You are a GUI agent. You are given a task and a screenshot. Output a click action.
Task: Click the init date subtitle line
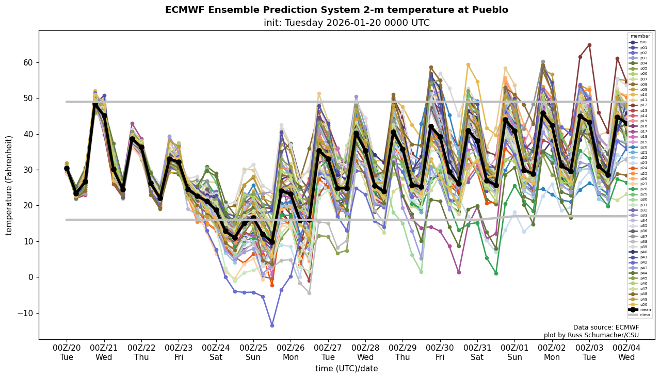click(346, 23)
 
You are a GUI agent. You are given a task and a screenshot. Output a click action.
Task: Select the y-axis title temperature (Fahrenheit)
click(9, 185)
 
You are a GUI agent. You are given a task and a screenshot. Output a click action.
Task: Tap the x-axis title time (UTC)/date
click(346, 368)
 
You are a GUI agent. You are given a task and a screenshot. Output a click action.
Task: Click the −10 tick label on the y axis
click(24, 313)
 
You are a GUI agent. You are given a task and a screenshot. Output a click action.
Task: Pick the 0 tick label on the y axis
click(30, 277)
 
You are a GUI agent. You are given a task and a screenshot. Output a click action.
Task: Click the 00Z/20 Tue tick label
click(67, 352)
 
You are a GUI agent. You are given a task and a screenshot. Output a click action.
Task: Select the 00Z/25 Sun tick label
click(253, 352)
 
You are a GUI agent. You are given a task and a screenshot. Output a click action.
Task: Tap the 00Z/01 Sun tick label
click(514, 352)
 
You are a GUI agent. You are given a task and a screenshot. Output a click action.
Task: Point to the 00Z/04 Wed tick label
click(626, 352)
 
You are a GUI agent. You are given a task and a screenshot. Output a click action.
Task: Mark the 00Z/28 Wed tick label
click(365, 352)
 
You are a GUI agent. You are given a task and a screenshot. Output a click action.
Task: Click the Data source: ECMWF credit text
click(606, 327)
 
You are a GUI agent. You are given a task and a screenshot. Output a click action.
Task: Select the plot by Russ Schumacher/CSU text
click(591, 335)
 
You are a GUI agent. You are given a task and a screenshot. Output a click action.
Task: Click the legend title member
click(640, 36)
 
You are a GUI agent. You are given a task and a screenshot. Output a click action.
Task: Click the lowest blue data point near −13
click(272, 325)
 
